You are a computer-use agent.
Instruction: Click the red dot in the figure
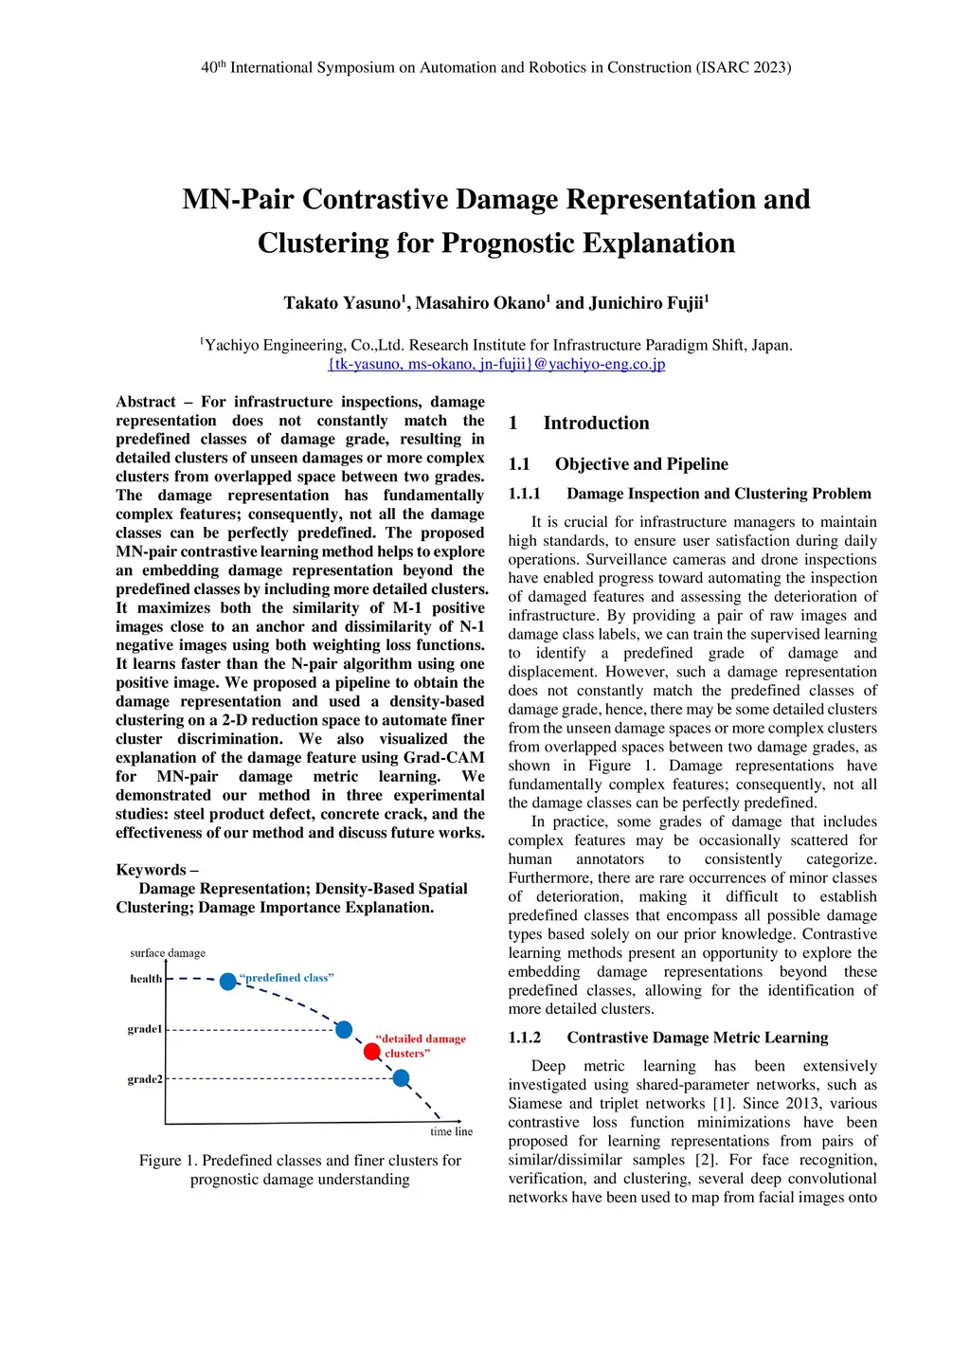point(372,1051)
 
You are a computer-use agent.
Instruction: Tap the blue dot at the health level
point(228,981)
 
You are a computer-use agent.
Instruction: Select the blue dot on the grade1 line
point(344,1029)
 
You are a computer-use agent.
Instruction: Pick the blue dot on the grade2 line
point(401,1077)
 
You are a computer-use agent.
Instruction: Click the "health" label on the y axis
point(146,979)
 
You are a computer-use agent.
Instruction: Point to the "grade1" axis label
point(145,1029)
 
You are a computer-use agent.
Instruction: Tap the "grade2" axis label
point(145,1079)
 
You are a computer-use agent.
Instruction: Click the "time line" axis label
point(451,1131)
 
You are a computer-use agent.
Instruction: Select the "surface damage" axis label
point(168,953)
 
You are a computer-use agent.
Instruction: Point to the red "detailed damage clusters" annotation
point(421,1046)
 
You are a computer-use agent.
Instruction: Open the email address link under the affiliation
point(496,364)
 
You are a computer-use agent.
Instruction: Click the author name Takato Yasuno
point(342,303)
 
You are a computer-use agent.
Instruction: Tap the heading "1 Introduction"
point(579,424)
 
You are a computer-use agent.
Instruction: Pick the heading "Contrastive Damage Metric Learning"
point(697,1038)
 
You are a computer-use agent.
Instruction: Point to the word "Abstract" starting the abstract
point(146,402)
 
